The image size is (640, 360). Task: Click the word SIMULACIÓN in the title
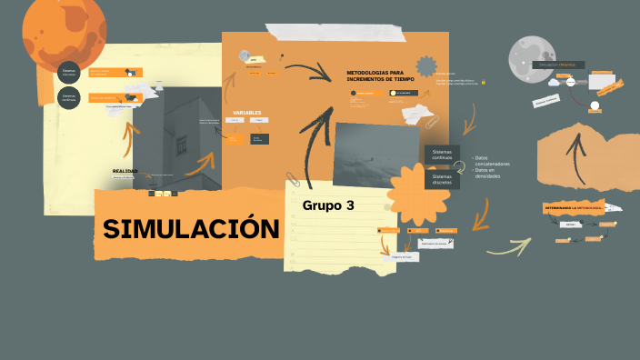(190, 229)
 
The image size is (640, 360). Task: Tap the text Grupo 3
(328, 205)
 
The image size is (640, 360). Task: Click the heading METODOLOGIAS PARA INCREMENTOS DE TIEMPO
(381, 75)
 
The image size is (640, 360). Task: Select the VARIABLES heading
(247, 113)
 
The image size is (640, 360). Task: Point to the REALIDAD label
(125, 171)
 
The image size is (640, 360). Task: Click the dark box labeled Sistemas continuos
(442, 155)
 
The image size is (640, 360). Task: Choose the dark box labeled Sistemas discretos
(442, 179)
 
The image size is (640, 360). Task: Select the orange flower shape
(417, 195)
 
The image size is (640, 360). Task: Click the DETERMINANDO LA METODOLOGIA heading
(574, 209)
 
